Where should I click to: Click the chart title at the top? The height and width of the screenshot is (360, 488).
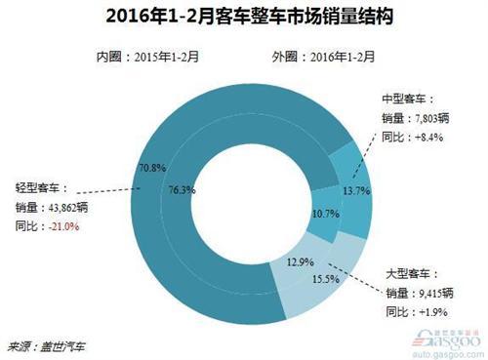pos(244,18)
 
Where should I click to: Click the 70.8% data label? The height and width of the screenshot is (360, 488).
pos(153,168)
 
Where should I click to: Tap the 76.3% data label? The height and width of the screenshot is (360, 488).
pos(183,188)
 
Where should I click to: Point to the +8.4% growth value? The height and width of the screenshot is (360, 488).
pos(427,138)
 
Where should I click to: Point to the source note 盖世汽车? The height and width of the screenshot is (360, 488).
pos(63,344)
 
